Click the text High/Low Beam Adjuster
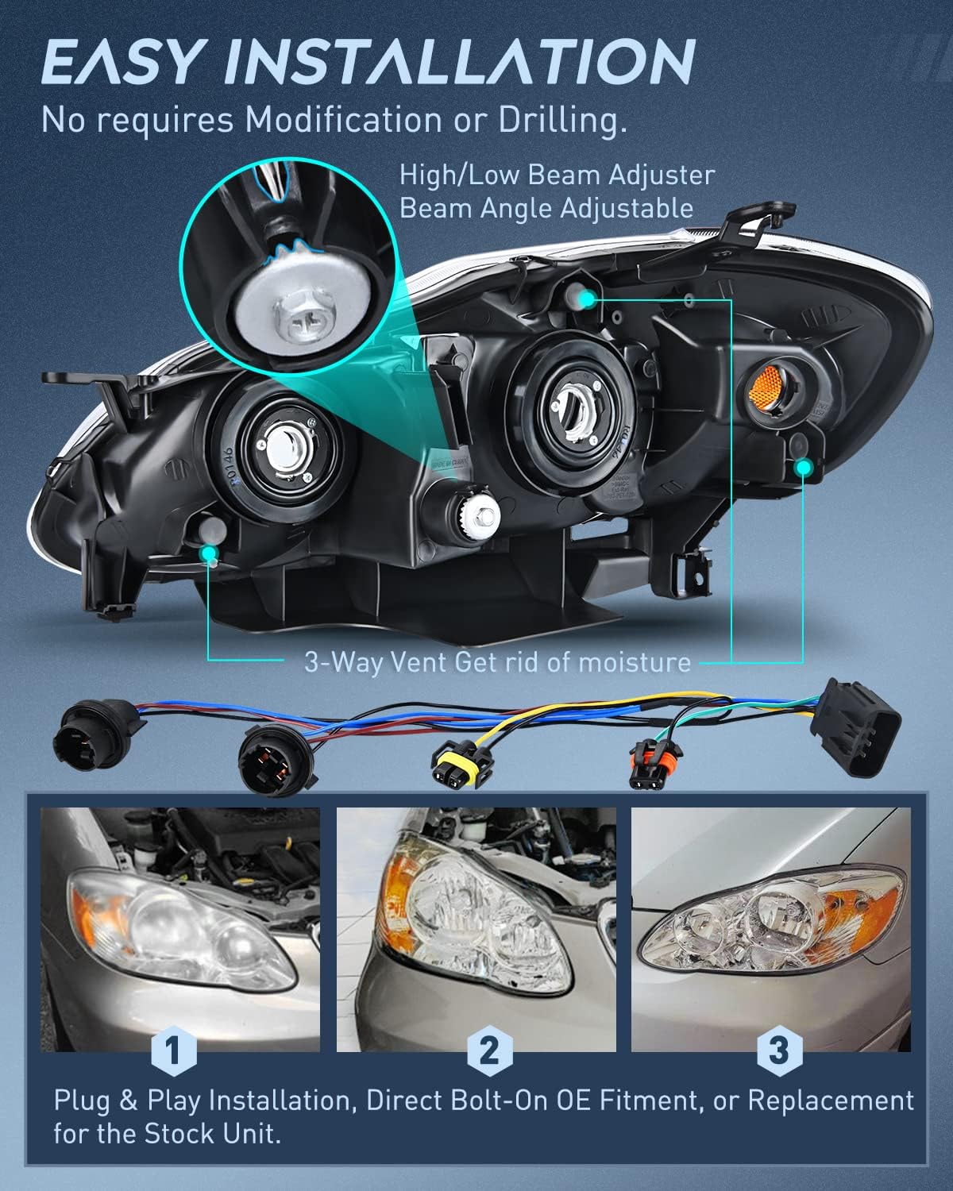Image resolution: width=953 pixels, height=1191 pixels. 557,175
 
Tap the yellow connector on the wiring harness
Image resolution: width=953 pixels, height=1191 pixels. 457,765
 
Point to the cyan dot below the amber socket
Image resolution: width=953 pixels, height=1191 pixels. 804,468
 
